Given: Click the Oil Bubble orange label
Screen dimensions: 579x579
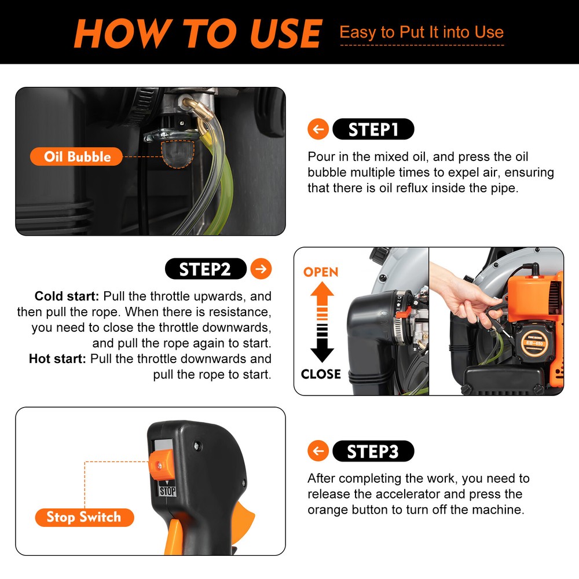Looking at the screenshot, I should [77, 156].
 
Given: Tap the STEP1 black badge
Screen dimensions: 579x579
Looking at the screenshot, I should [373, 130].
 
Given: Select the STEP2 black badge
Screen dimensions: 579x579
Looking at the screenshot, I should [206, 269].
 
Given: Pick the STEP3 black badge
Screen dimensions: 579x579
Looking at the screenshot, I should [373, 451].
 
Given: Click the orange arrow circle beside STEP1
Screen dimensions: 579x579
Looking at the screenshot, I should [318, 130].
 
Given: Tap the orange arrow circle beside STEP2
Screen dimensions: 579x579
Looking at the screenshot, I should [262, 269].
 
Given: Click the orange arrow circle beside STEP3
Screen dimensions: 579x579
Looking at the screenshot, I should [318, 451].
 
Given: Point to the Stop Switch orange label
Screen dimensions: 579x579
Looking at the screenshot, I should [84, 517].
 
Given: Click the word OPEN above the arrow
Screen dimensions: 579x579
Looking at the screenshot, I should [321, 272].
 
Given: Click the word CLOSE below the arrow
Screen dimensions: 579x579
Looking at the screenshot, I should [321, 374].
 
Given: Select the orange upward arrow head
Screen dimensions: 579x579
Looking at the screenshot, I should [322, 291].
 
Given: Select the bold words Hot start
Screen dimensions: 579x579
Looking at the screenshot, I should [58, 359].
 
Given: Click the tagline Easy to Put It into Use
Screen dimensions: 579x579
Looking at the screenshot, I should [421, 32].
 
